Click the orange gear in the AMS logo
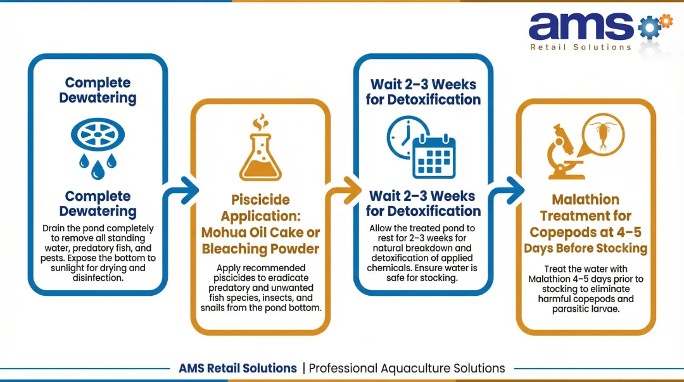click(665, 21)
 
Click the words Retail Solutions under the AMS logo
click(580, 47)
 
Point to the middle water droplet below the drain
click(98, 169)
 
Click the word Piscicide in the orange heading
click(261, 200)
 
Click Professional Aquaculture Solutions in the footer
click(407, 368)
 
